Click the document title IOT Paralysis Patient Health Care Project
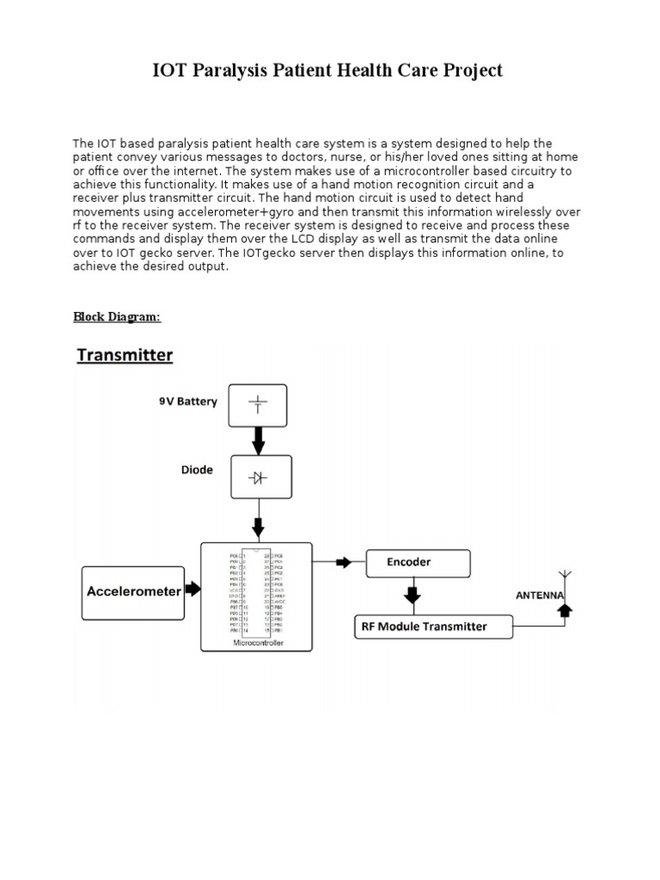click(327, 70)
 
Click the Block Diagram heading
click(117, 316)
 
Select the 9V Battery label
click(188, 401)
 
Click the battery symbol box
click(257, 406)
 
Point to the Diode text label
click(197, 470)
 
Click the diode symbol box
click(260, 477)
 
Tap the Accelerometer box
click(133, 591)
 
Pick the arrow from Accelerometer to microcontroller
click(192, 590)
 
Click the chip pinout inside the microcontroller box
click(256, 592)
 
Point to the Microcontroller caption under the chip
click(257, 642)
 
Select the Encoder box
click(418, 563)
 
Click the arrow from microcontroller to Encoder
click(342, 562)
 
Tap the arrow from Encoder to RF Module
click(412, 595)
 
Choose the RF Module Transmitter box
click(433, 626)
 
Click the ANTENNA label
click(540, 595)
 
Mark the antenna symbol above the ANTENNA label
click(565, 576)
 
